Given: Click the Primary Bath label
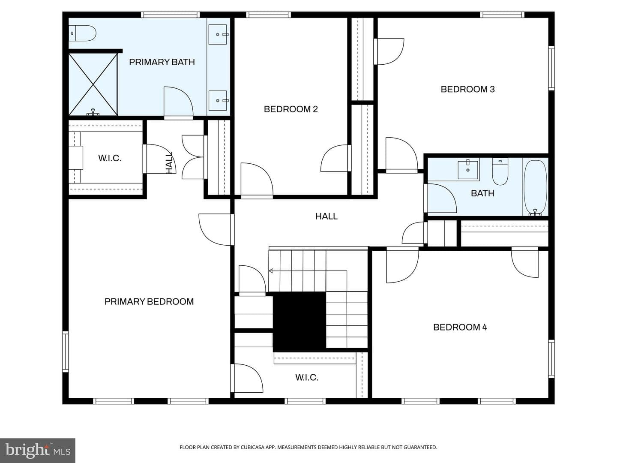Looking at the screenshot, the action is click(162, 62).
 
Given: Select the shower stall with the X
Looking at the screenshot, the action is click(93, 84).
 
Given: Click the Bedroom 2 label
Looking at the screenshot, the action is click(291, 109).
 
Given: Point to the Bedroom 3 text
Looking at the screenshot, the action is click(467, 90).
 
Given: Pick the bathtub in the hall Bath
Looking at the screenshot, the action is click(535, 187).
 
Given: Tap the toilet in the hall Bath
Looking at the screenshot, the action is click(500, 171).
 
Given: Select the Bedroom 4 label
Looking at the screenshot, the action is click(460, 327).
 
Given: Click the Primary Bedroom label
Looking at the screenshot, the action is click(149, 302).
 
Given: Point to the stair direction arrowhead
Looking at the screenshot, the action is click(271, 271).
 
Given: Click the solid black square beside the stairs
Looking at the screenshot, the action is click(300, 322).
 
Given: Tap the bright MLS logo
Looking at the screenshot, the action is click(38, 451).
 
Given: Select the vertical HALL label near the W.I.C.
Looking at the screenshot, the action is click(169, 163).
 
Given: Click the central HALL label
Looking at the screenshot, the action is click(326, 216).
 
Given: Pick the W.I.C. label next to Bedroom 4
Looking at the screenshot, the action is click(307, 377).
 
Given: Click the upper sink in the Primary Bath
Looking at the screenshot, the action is click(218, 34).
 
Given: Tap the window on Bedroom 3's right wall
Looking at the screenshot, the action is click(551, 68).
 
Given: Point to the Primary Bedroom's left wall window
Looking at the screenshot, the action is click(66, 352).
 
